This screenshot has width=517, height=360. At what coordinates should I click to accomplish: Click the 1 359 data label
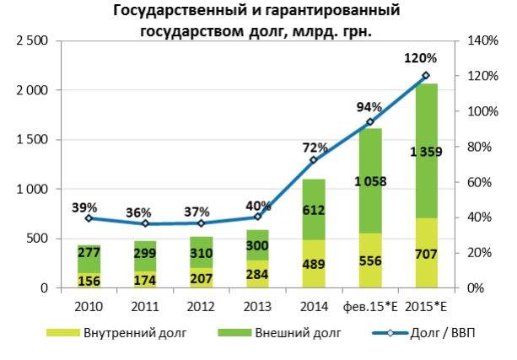426,152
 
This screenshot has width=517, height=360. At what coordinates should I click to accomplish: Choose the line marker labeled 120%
426,76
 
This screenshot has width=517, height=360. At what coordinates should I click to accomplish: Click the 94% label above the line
369,107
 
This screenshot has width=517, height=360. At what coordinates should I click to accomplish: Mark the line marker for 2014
314,160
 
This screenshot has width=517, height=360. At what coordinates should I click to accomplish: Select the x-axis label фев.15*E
369,304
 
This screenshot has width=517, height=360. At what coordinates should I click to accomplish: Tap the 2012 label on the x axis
201,304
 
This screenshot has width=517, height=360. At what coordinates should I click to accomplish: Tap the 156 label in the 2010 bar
89,281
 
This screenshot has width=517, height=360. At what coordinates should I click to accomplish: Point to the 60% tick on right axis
473,182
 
